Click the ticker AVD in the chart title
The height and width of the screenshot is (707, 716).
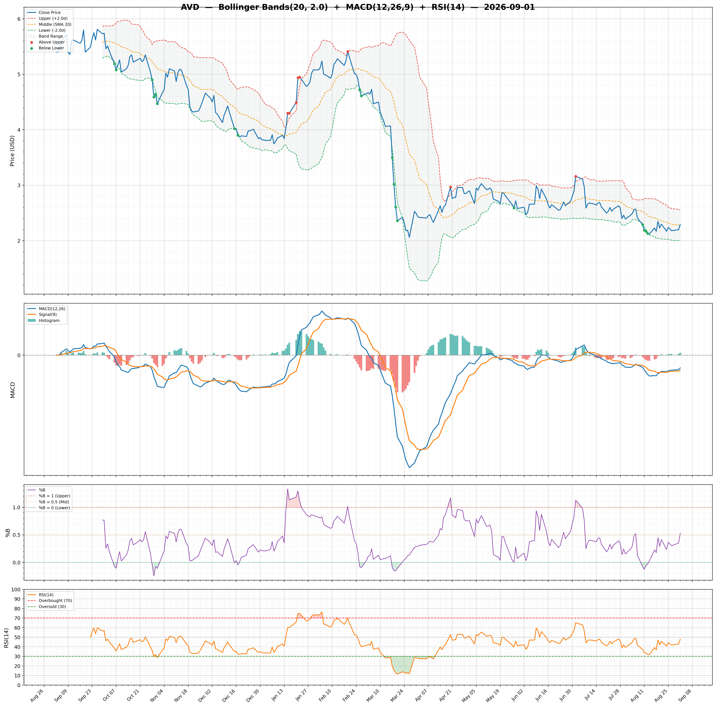click(190, 7)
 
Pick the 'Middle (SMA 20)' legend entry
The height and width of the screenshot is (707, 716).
click(55, 25)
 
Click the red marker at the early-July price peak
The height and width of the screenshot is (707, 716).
click(576, 177)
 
